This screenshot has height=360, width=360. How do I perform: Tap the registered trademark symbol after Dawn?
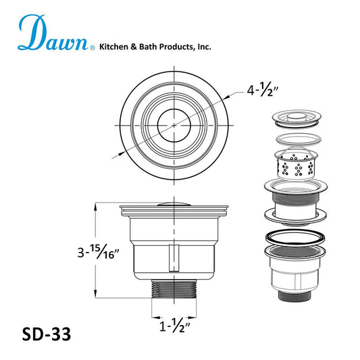94,48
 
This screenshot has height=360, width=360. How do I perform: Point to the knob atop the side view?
174,203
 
